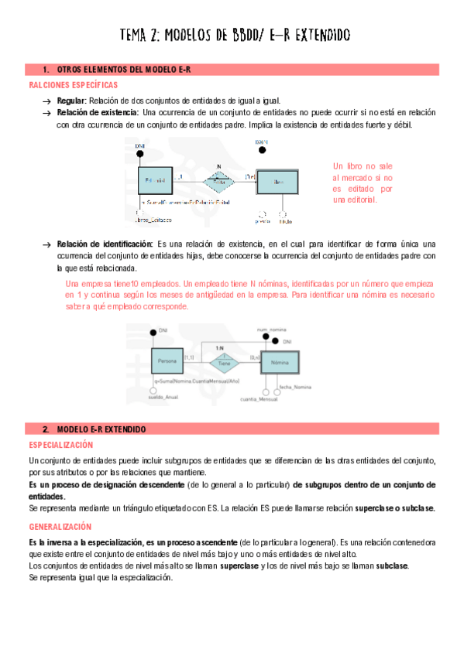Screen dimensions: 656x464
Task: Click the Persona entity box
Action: [x=168, y=360]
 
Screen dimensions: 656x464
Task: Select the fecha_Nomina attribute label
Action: [x=295, y=386]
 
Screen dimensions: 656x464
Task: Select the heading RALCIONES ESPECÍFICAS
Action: [x=73, y=84]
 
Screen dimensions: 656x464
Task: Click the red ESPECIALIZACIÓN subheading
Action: [x=60, y=445]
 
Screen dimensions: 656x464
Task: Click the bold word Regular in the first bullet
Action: [x=71, y=101]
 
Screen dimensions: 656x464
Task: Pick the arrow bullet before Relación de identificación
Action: [x=46, y=244]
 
